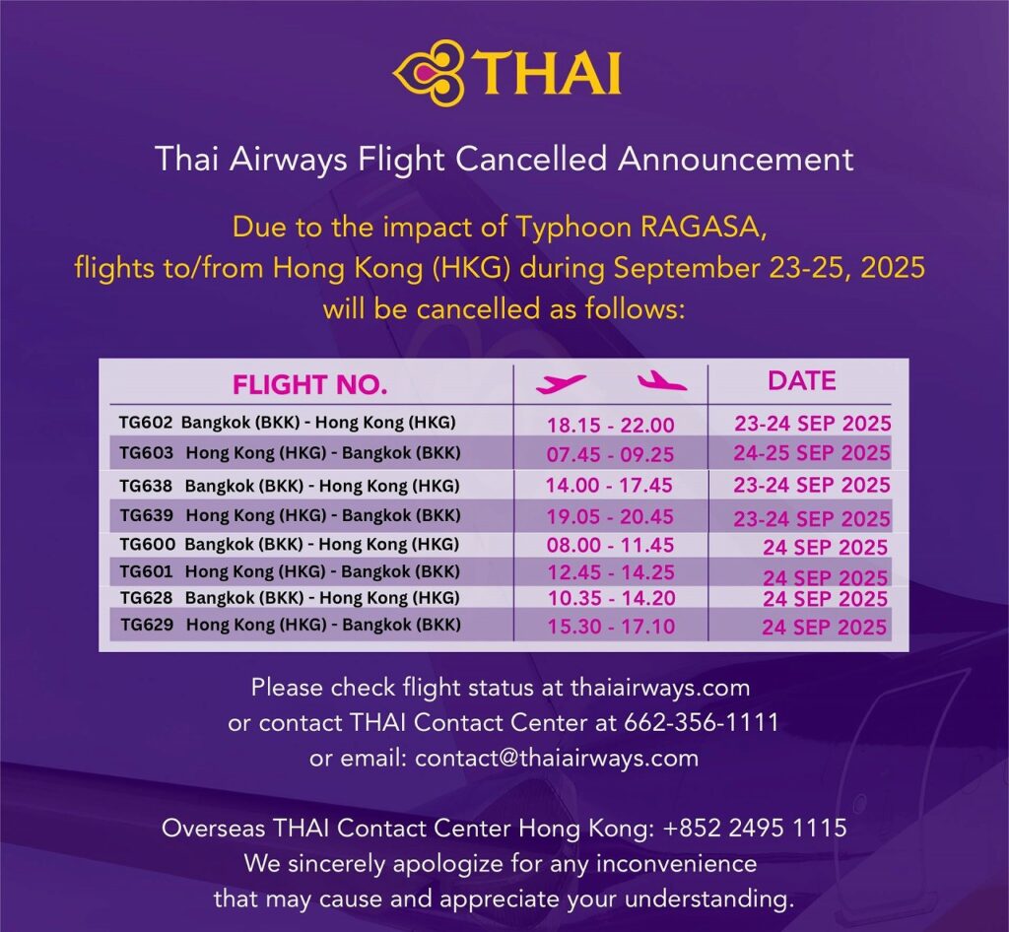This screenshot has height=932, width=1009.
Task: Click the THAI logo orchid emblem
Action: pos(429,73)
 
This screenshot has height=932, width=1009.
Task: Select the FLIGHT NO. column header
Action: pos(310,384)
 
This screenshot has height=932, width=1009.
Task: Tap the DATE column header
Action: pos(802,380)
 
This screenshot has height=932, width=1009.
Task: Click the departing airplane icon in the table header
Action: pos(561,384)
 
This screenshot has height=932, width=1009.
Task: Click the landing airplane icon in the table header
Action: pos(662,380)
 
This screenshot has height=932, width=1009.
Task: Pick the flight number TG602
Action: pos(146,423)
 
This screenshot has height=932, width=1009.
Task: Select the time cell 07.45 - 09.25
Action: pos(610,455)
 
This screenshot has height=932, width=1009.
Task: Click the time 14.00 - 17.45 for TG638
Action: pos(609,485)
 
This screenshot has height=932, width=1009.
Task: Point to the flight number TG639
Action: pos(147,515)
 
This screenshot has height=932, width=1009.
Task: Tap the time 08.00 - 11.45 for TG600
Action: pos(610,546)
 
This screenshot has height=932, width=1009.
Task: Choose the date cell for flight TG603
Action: pos(812,453)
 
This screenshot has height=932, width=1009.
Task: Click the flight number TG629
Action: pos(147,625)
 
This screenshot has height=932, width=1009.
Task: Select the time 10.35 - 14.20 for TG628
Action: pos(611,598)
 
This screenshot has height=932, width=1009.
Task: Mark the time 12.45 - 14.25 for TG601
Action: pos(611,572)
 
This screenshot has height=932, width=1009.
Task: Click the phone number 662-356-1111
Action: pos(702,722)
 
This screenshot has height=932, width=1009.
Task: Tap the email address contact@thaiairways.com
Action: pos(557,758)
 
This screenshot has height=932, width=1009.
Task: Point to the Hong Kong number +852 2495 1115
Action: pos(755,828)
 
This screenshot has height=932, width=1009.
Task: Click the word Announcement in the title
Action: pos(735,159)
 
